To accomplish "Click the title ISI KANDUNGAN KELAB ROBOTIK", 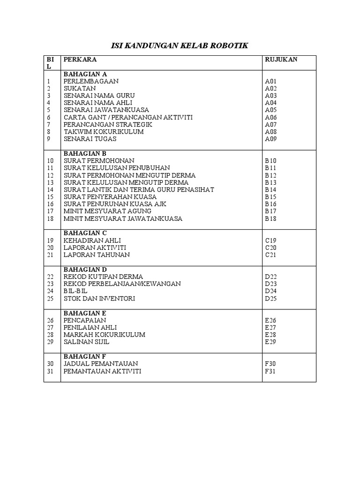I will coord(179,45).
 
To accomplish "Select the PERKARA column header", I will coord(80,60).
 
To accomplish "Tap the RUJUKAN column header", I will coord(281,60).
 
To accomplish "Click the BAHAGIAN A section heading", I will coord(85,74).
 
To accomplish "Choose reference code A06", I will coord(271,117).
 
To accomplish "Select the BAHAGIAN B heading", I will coord(85,153).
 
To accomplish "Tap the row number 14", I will coord(51,189).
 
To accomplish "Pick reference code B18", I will coord(271,218).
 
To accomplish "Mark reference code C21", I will coord(271,255).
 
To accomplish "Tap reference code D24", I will coord(271,291).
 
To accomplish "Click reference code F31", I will coord(270,371).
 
